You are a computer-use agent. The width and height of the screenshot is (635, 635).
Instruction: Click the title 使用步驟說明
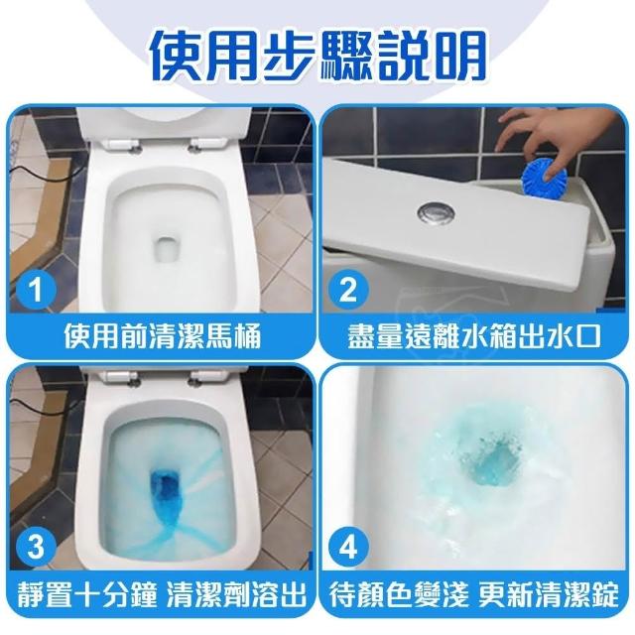point(317,56)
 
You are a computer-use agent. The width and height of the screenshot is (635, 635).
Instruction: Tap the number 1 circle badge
point(36,290)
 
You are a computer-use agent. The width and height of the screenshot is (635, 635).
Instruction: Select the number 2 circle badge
point(347,290)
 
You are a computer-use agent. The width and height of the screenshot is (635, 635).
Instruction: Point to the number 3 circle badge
point(36,547)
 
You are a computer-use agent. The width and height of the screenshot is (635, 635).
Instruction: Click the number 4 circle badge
point(347,547)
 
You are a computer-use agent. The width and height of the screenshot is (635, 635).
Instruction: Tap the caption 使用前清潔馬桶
point(162,335)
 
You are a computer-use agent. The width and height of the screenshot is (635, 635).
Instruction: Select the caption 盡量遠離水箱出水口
point(474,335)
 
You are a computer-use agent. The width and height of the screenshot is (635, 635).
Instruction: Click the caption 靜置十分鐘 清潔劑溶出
point(161,594)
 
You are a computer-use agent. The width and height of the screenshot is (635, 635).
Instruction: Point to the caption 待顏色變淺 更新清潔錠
point(474,594)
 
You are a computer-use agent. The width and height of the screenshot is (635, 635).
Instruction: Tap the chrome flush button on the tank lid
point(436,211)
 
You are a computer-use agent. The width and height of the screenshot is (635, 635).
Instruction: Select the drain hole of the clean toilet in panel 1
point(167,251)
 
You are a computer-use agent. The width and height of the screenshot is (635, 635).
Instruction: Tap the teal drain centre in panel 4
point(491,461)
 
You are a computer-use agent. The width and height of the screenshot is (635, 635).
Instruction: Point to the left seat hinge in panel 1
point(121,145)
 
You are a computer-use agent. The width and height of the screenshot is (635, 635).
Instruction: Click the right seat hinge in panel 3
point(207,377)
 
